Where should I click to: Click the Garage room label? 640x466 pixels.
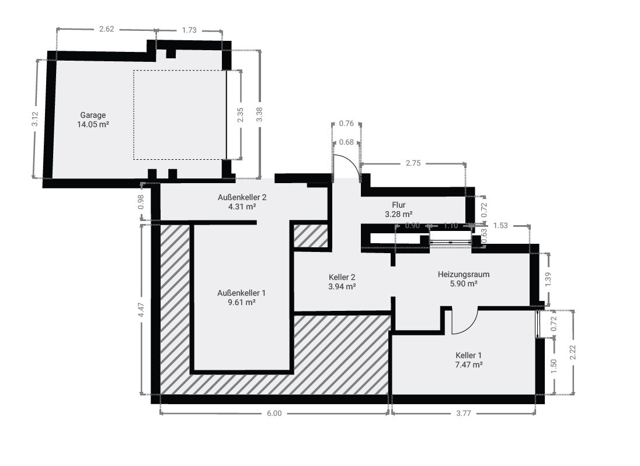coord(93,115)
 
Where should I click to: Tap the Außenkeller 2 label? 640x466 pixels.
coord(242,197)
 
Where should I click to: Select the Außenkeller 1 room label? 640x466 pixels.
coord(242,293)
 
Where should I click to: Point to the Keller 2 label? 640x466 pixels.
coord(342,278)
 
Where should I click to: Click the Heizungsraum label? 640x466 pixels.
coord(464,274)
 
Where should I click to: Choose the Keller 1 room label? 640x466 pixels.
coord(468,356)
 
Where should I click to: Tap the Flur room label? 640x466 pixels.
coord(399,205)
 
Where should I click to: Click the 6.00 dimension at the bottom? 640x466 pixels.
coord(274,414)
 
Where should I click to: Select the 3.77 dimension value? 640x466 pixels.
coord(464,414)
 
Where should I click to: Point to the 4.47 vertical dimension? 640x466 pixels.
coord(141,310)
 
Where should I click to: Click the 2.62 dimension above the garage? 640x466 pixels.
coord(106,29)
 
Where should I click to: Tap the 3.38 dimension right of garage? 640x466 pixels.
coord(259,114)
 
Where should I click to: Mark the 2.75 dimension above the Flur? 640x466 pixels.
coord(413,163)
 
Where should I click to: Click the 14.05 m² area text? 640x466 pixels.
coord(93,125)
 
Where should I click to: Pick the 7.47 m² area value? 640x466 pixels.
coord(469,365)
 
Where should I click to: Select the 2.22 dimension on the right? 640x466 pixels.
coord(573,352)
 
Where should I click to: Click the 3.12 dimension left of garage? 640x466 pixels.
coord(35,119)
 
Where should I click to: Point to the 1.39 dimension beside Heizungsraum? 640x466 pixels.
coord(548,280)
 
